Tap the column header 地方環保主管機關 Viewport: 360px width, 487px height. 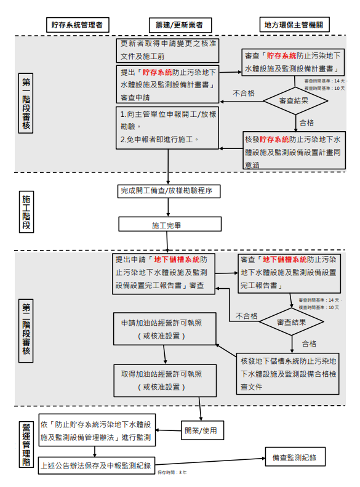point(292,25)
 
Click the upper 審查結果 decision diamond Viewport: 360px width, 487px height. point(294,100)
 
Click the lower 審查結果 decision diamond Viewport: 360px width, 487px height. point(291,322)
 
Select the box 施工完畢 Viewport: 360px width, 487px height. point(167,225)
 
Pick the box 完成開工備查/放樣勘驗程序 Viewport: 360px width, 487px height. point(167,191)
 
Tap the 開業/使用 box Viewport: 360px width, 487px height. point(201,429)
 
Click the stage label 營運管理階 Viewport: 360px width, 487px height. point(26,441)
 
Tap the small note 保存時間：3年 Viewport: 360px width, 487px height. point(172,472)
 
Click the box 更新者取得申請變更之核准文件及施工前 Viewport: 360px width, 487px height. point(167,49)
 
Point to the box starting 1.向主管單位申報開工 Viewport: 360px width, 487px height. point(167,127)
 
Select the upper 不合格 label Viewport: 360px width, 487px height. point(244,94)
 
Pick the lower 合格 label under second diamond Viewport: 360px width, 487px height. point(309,344)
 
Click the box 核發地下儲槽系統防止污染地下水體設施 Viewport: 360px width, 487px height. point(287,373)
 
